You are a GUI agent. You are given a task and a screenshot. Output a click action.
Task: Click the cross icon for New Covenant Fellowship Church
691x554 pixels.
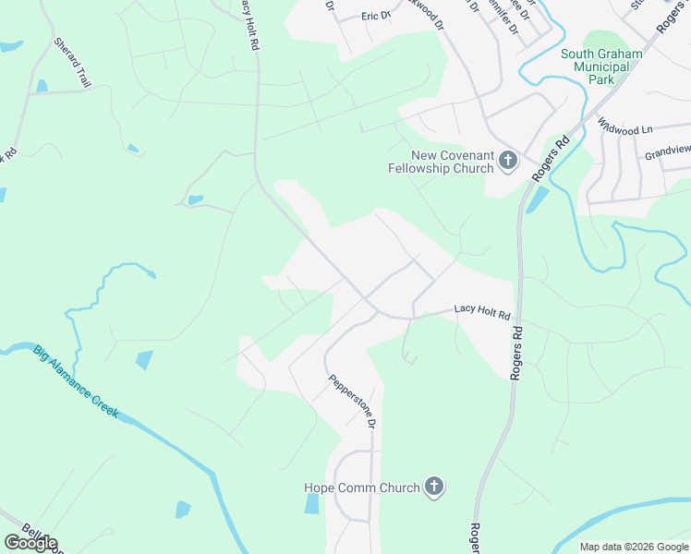tap(507, 162)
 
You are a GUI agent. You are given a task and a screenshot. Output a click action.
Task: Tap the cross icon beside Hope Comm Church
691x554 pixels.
tap(434, 487)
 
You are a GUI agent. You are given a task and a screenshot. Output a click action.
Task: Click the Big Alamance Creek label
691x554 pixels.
tap(76, 380)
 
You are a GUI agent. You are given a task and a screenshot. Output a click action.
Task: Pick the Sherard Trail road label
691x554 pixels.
tap(73, 63)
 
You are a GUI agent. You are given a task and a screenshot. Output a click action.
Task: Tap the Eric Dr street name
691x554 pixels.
tap(376, 16)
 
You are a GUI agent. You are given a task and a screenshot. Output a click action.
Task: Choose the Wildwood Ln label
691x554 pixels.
tap(624, 127)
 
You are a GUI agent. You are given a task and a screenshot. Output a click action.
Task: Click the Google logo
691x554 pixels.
tap(30, 543)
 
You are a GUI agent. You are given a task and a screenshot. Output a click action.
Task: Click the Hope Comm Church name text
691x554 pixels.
tap(362, 488)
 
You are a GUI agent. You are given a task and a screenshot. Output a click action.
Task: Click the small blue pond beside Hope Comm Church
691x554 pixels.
tap(311, 503)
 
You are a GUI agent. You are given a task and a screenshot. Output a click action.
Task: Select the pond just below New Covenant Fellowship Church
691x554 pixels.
tap(537, 198)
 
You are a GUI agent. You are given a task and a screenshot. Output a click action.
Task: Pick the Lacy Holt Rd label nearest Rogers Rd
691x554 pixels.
tap(481, 314)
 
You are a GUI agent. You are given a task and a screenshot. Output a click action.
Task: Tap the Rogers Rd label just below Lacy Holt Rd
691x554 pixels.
tap(517, 352)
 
